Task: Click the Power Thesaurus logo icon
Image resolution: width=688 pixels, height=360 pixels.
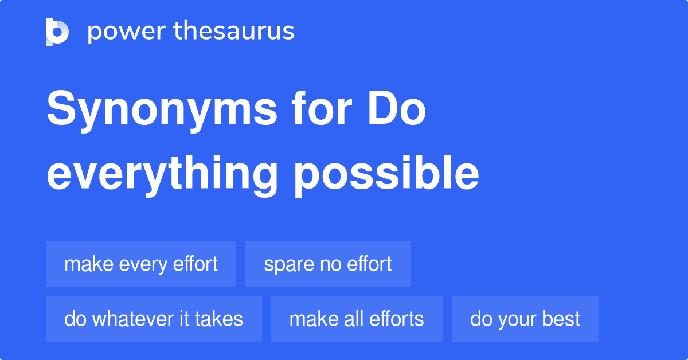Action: pos(57,32)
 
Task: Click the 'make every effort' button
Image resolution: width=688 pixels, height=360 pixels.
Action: pos(141,264)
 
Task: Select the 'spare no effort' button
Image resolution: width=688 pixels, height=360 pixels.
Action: pos(328,264)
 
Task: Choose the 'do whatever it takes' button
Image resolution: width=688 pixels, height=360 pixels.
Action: pos(154,319)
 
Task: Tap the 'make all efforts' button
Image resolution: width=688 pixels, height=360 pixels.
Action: pos(357,319)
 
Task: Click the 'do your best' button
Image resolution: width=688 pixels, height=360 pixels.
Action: pos(525,319)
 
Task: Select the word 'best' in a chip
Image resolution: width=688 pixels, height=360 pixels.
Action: pos(564,319)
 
